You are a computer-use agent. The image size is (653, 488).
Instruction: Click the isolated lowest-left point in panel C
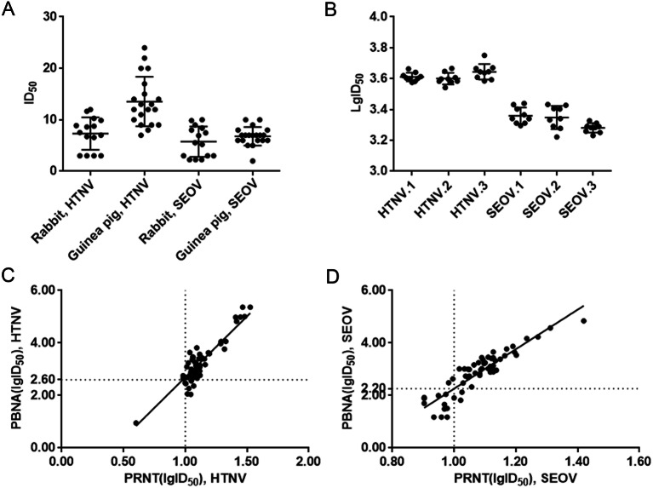(135, 422)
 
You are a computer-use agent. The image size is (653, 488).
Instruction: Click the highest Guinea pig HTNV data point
(145, 48)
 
